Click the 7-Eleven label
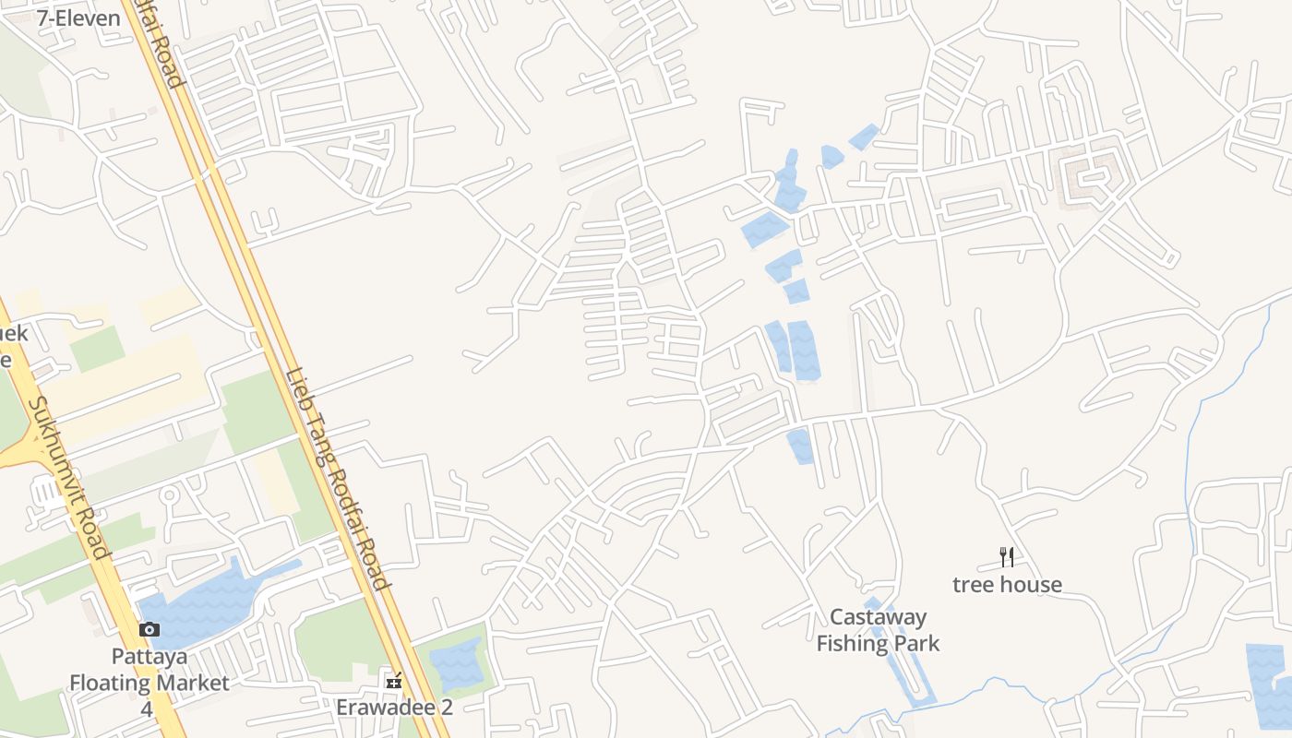[78, 18]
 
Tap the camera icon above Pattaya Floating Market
[150, 630]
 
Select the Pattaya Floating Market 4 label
[150, 683]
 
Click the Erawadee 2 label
[394, 708]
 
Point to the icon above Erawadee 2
[394, 682]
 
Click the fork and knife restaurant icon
[1007, 557]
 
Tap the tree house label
[1007, 584]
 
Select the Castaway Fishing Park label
[878, 630]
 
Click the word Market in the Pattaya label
[188, 683]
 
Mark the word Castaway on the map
[878, 617]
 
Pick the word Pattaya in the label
[150, 657]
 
